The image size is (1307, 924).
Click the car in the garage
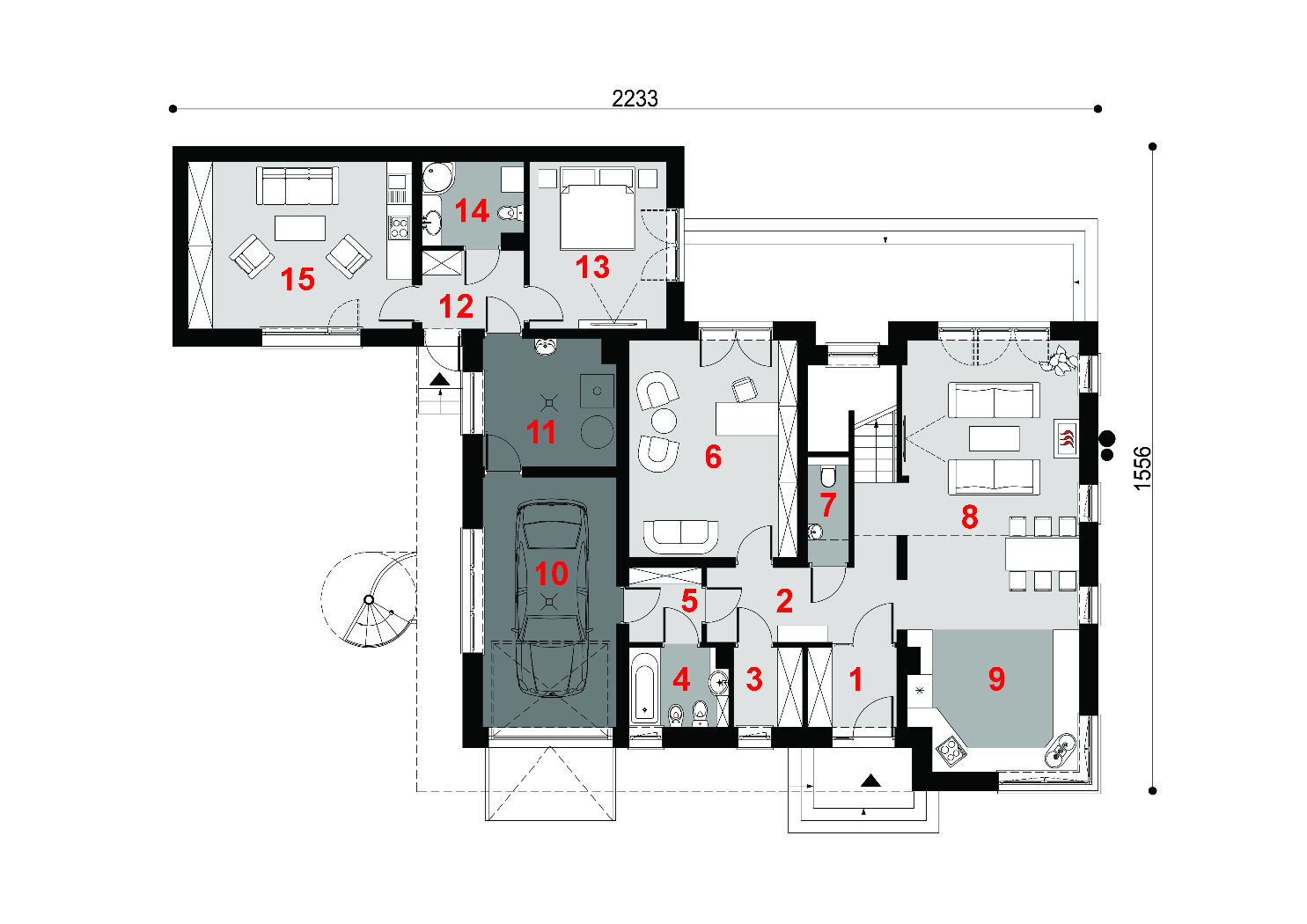(x=550, y=598)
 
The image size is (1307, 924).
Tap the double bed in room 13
(x=597, y=209)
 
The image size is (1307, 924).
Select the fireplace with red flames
(x=1066, y=438)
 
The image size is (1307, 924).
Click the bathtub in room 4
(x=645, y=688)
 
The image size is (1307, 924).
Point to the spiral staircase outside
(x=370, y=599)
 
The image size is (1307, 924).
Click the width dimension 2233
(x=635, y=99)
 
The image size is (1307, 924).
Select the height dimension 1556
(x=1142, y=468)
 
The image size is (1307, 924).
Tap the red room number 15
(x=297, y=279)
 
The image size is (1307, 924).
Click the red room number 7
(x=828, y=504)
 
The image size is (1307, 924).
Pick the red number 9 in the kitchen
(x=996, y=678)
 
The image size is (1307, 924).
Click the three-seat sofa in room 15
(x=297, y=186)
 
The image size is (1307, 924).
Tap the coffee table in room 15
(x=300, y=228)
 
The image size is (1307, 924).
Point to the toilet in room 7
(x=828, y=476)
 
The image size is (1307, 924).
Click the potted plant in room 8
(x=1059, y=359)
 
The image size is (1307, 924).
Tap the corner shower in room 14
(x=437, y=178)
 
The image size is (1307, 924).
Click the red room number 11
(x=540, y=432)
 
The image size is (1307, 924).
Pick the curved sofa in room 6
(x=680, y=536)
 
